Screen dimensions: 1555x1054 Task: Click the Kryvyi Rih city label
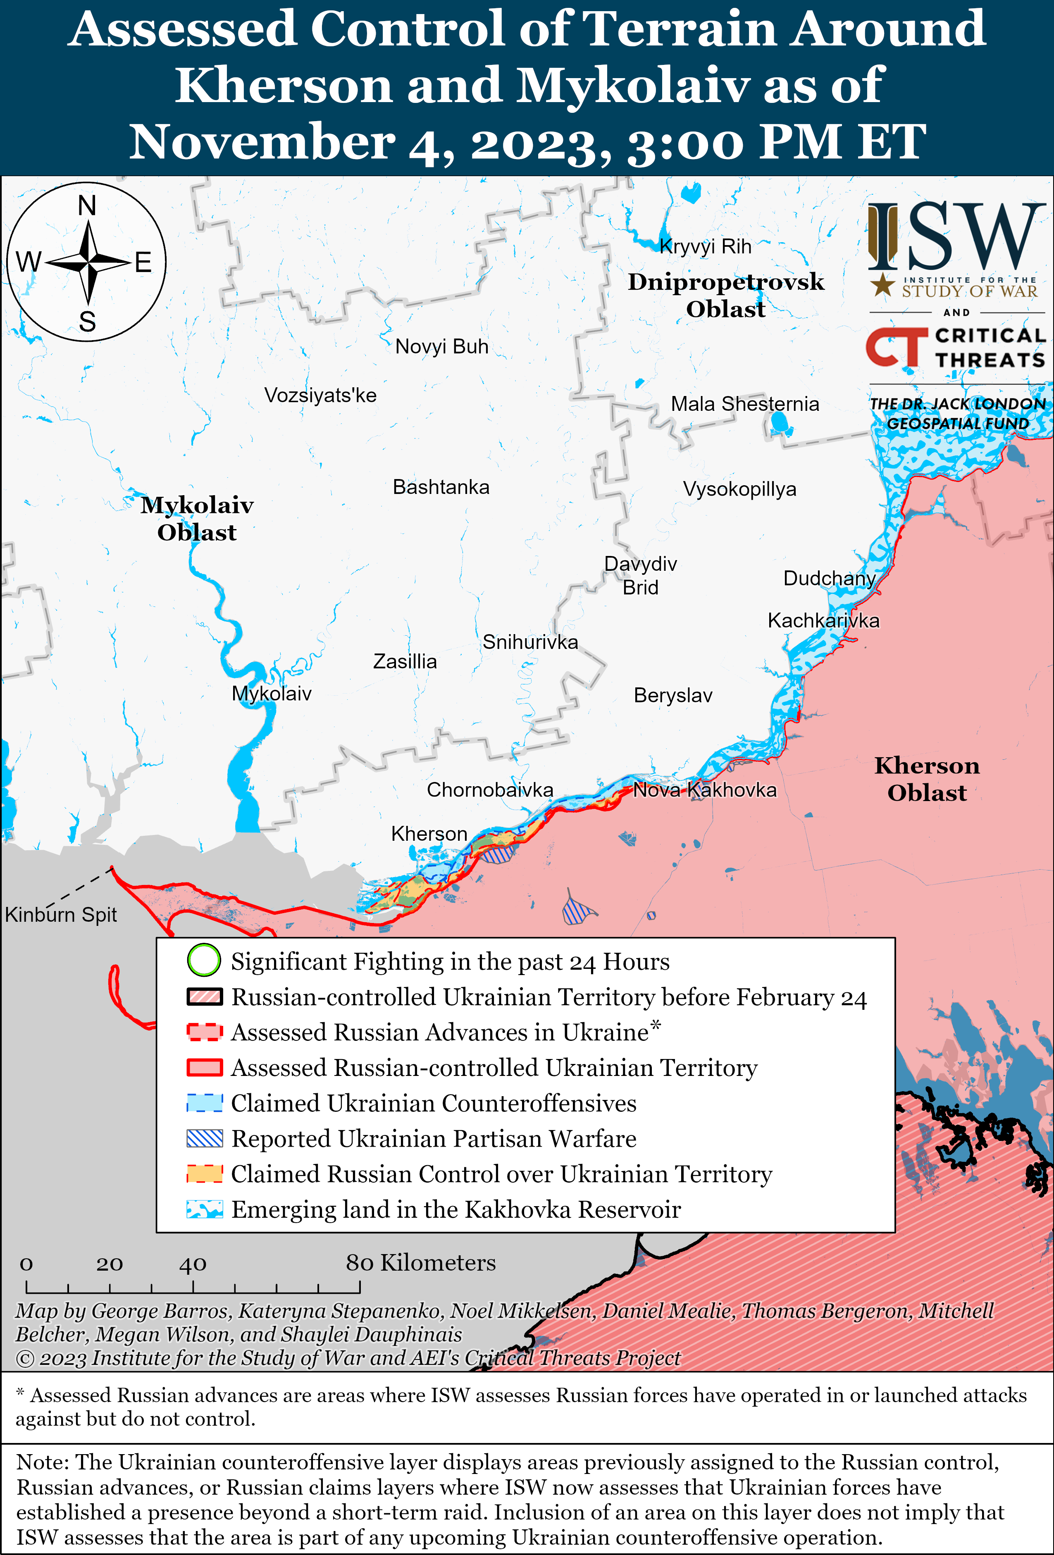point(705,247)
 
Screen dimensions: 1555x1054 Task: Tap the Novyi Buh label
point(442,347)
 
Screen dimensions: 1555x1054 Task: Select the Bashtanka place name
point(441,487)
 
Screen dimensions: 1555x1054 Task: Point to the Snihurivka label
point(530,642)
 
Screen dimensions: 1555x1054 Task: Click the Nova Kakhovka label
point(705,790)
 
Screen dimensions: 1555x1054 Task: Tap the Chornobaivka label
point(490,790)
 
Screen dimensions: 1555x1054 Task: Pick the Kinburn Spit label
point(61,915)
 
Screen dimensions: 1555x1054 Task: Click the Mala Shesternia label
point(745,404)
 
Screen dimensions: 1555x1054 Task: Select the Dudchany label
point(829,579)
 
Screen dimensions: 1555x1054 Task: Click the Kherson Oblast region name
point(927,779)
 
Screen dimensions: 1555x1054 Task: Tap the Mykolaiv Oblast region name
point(197,519)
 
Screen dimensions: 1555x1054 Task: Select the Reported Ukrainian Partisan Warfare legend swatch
point(205,1138)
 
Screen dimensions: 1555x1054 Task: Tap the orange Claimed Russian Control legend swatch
point(205,1173)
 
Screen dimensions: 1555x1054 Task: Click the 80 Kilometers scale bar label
point(420,1263)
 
